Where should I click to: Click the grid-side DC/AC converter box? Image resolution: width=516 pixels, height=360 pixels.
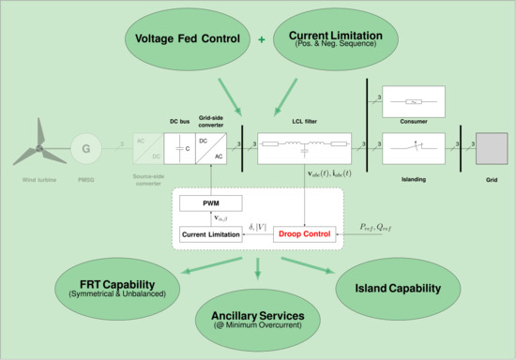[214, 147]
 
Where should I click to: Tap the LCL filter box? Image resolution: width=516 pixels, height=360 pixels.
[304, 146]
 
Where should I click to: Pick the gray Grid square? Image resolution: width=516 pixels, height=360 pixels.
[491, 147]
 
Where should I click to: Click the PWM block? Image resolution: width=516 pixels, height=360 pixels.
[211, 203]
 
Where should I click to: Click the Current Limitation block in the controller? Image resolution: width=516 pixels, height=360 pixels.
[212, 232]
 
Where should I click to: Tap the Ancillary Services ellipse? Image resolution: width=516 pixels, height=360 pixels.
[258, 318]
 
